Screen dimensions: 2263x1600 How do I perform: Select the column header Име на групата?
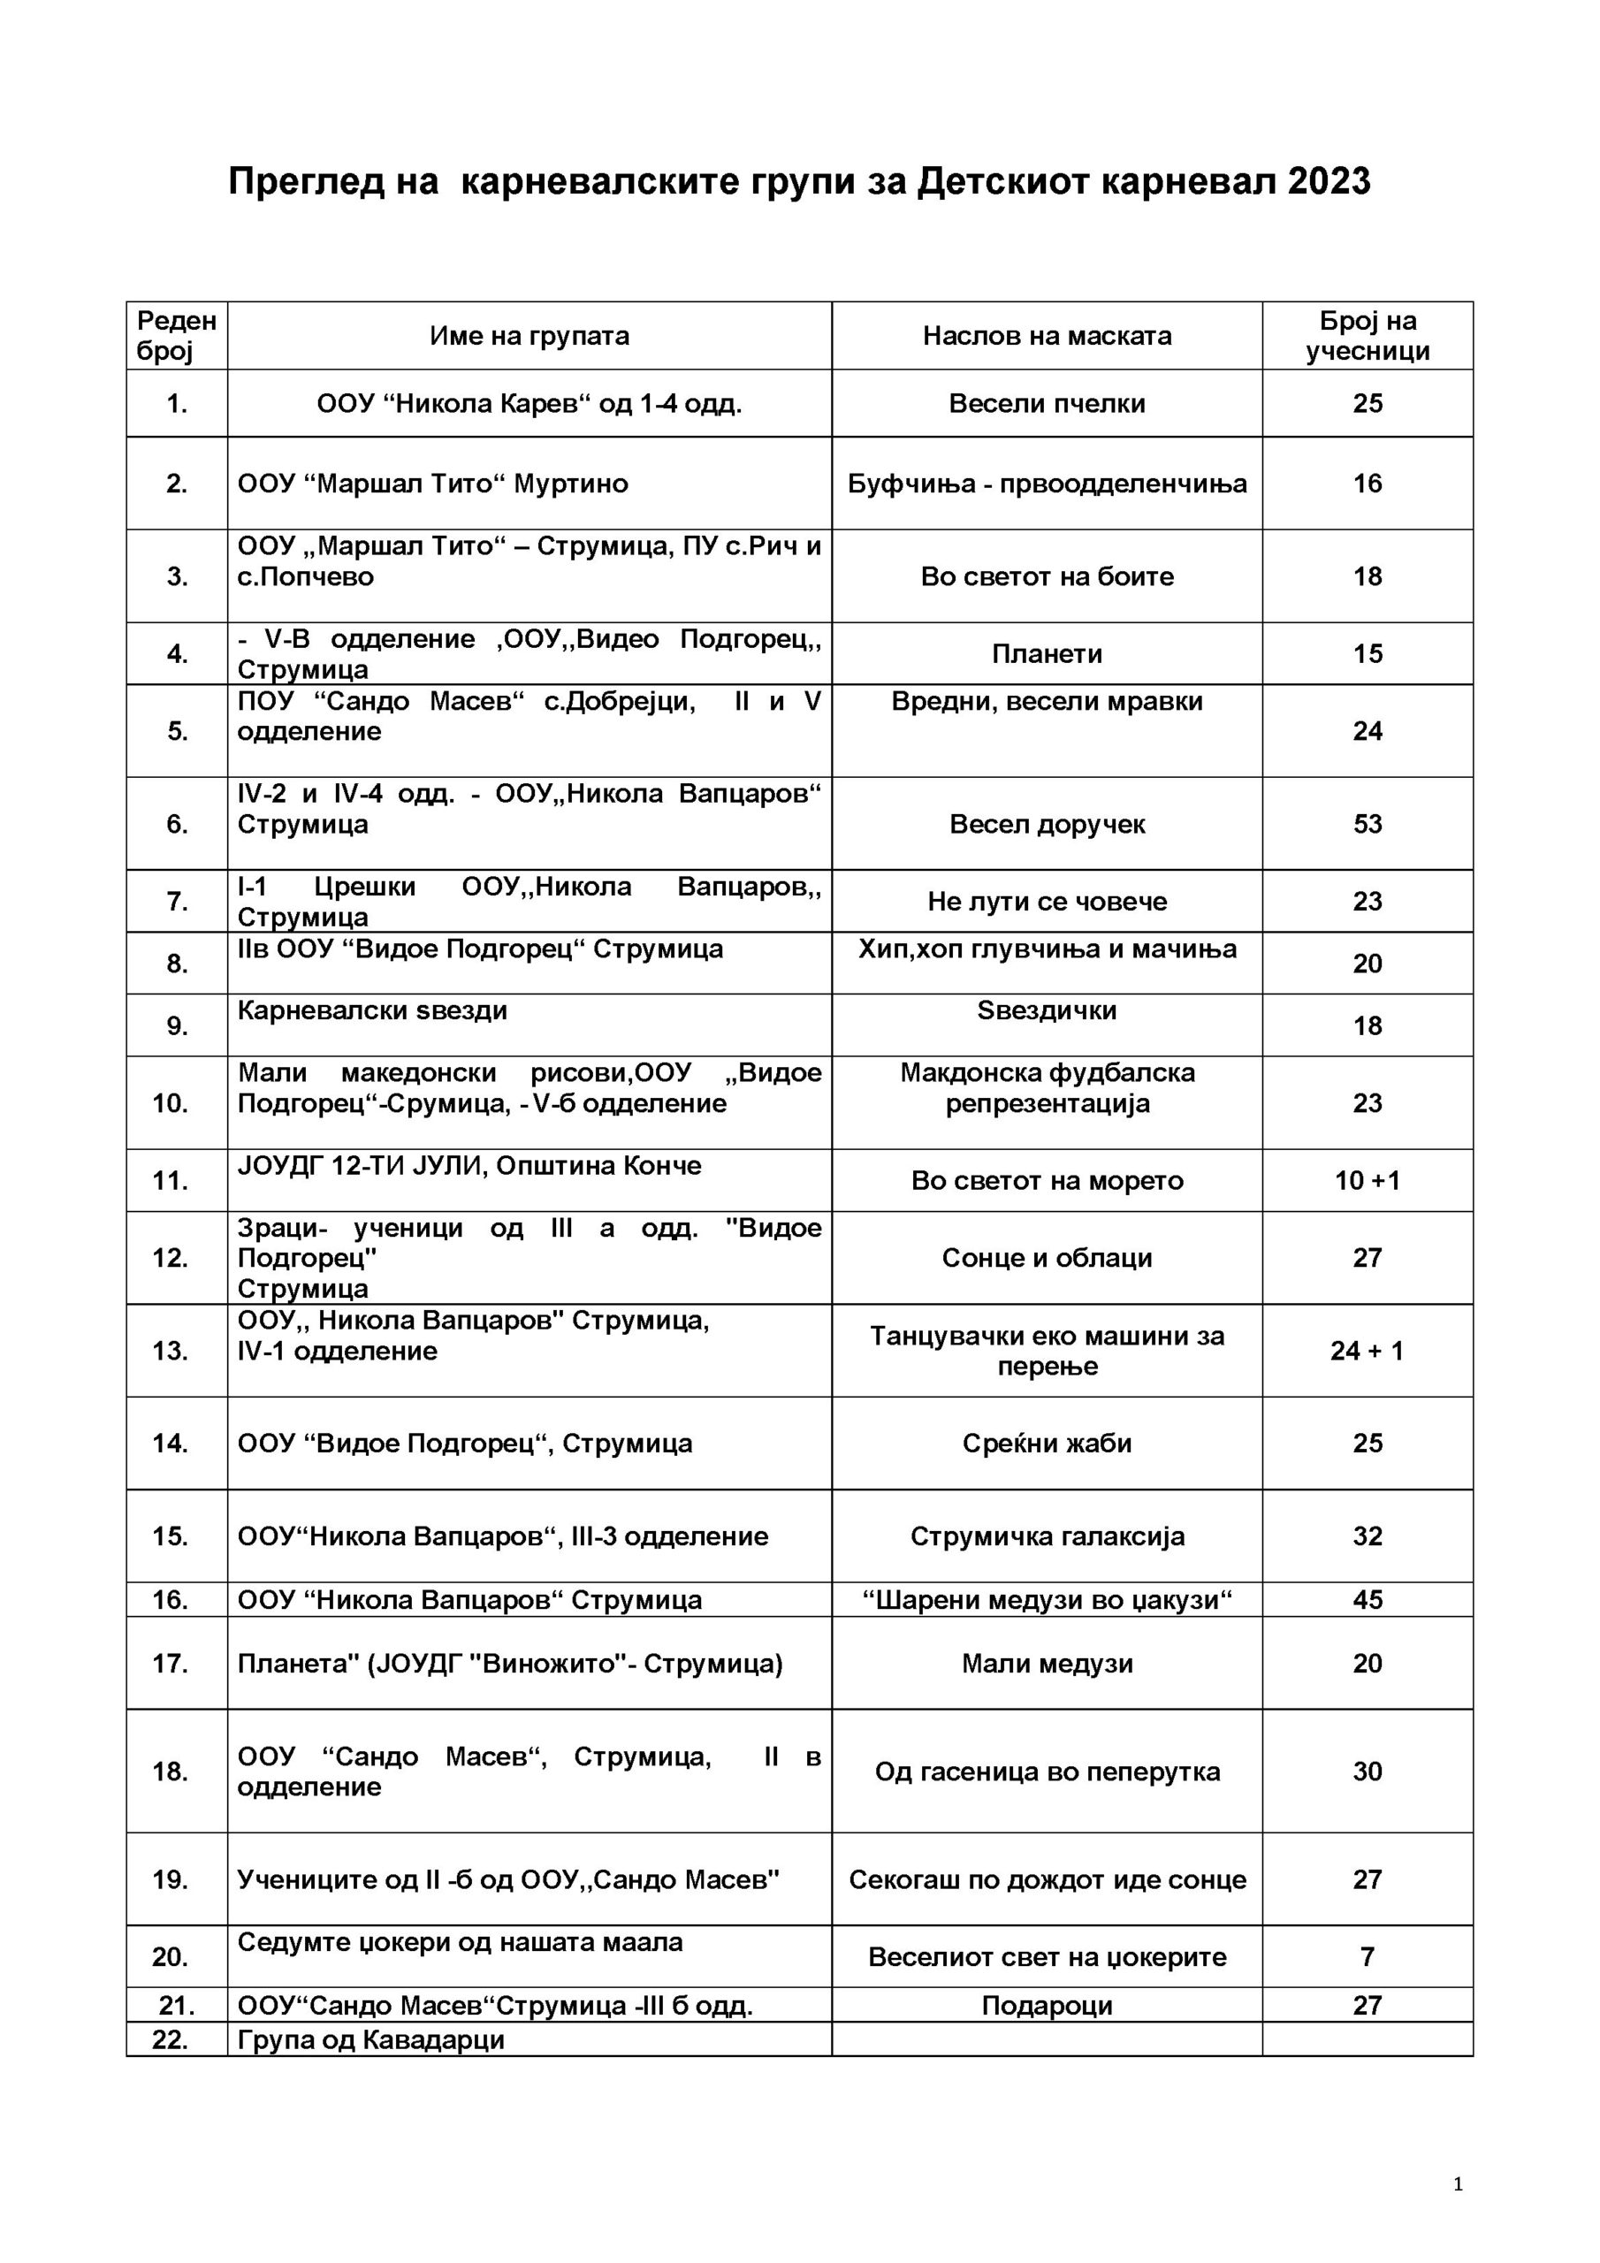click(529, 336)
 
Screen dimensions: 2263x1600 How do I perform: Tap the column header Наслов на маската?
click(1046, 336)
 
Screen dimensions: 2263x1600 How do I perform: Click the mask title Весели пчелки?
click(1046, 403)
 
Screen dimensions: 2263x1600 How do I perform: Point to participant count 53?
click(1367, 824)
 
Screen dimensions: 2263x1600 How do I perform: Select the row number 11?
click(171, 1181)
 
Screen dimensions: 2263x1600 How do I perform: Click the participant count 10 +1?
click(1367, 1181)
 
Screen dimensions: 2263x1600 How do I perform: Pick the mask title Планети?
click(1046, 653)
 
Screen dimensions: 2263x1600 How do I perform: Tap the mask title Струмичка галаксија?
click(1046, 1536)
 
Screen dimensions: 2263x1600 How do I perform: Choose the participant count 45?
click(1367, 1600)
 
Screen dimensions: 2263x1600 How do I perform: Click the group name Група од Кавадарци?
click(370, 2039)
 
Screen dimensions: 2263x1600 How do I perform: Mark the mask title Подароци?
click(1046, 2006)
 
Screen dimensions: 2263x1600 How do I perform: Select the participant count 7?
click(1367, 1956)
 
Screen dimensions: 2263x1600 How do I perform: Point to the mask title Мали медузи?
click(1046, 1664)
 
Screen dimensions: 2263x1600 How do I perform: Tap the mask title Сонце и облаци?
click(1046, 1258)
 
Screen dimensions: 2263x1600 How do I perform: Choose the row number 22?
click(171, 2039)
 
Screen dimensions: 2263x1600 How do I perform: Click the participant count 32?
click(1367, 1536)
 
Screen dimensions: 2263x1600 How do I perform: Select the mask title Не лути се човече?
click(1046, 901)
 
